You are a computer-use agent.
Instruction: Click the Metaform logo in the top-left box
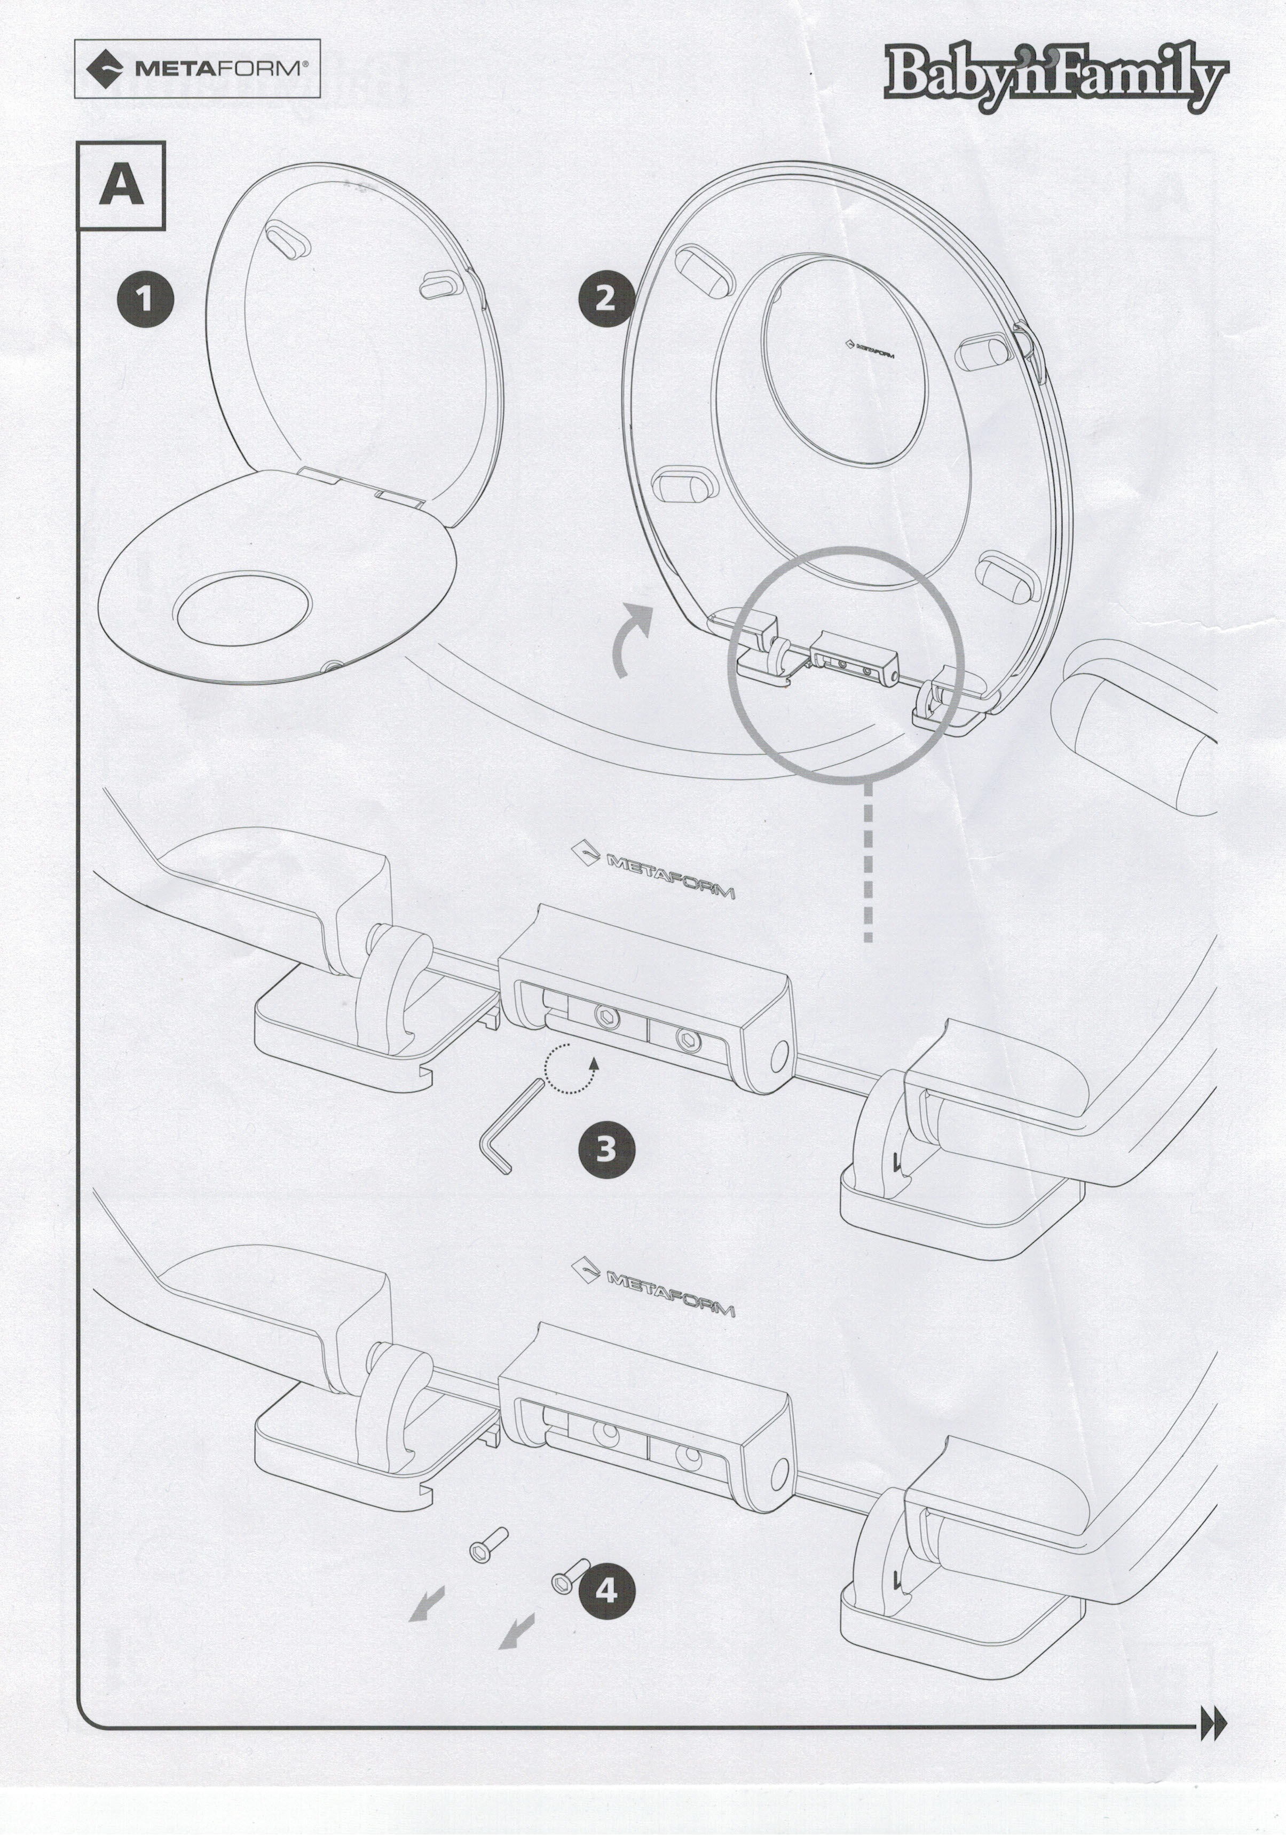pos(196,69)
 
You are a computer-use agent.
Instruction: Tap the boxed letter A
pos(122,185)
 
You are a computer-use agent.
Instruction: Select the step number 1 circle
pos(145,300)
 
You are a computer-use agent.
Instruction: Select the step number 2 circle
pos(606,299)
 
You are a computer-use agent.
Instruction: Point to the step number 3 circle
pos(606,1149)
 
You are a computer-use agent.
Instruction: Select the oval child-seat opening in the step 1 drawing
pos(243,608)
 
